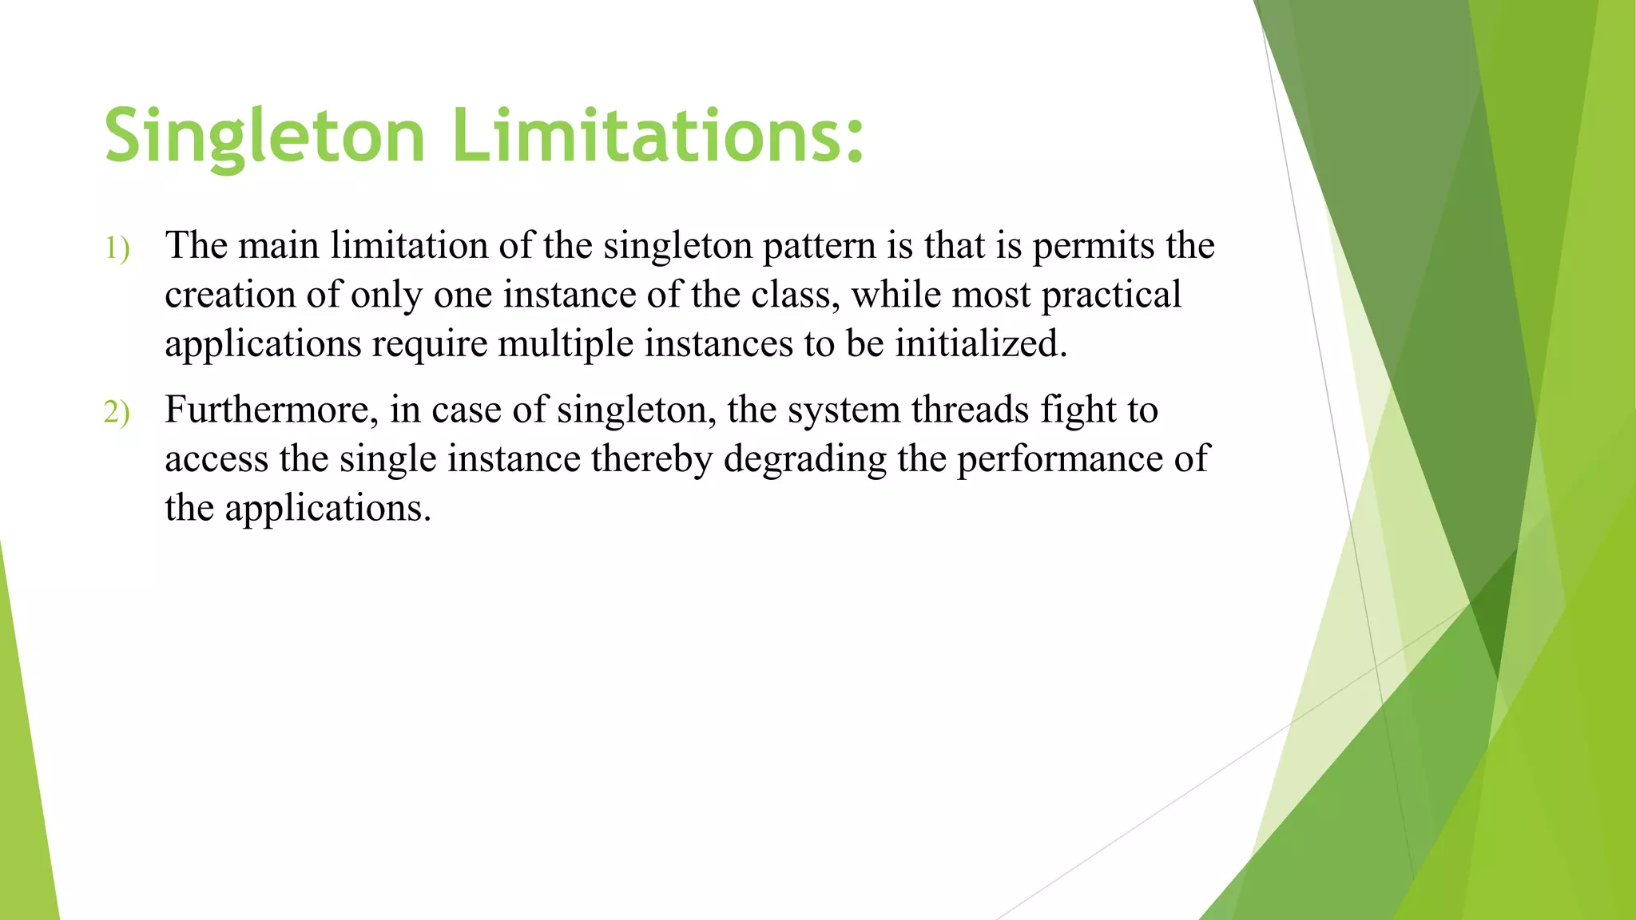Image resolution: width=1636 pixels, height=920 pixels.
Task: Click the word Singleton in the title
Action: [x=264, y=136]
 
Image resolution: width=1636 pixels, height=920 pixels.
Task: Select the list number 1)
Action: [x=117, y=248]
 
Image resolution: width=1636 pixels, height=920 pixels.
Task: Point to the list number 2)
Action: [x=117, y=413]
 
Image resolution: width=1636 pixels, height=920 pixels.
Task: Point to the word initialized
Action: [x=980, y=344]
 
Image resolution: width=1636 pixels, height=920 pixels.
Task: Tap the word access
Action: [x=216, y=459]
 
